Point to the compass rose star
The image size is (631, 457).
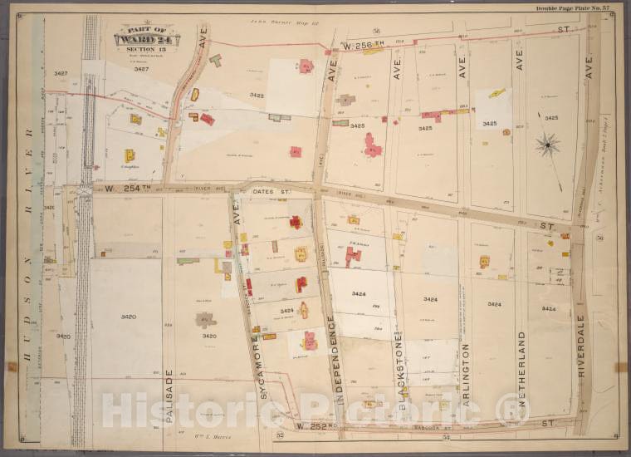pyautogui.click(x=548, y=146)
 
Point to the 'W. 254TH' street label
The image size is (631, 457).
pyautogui.click(x=121, y=189)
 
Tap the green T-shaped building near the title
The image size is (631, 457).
pyautogui.click(x=215, y=60)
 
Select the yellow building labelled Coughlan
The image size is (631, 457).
pyautogui.click(x=130, y=155)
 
